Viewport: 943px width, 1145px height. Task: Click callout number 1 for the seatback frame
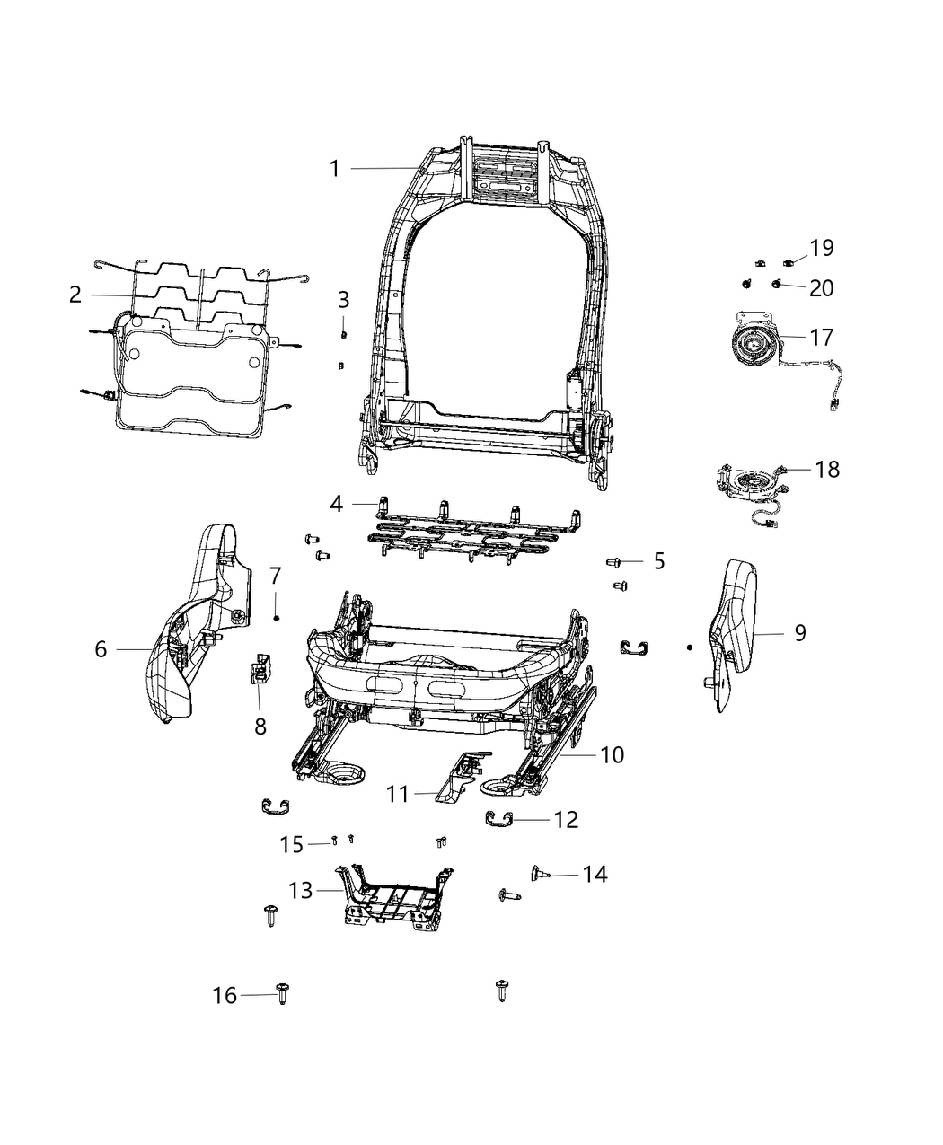[334, 169]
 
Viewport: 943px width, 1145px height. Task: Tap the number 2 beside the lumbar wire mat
[75, 295]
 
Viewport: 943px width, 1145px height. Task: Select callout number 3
[343, 300]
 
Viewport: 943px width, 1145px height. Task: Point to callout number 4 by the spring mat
[336, 504]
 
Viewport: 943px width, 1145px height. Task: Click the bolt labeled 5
[615, 562]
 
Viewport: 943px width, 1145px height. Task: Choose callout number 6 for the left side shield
[101, 648]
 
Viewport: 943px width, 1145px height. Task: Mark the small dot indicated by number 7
[277, 618]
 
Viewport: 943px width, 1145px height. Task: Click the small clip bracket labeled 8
[259, 668]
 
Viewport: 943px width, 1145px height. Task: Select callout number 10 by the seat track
[612, 754]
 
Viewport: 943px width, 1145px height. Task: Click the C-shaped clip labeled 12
[499, 817]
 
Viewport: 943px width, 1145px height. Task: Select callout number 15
[292, 844]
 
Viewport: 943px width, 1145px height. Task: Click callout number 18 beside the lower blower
[827, 469]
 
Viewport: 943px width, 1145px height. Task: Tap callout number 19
[822, 248]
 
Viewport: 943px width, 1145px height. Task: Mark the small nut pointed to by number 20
[777, 286]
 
